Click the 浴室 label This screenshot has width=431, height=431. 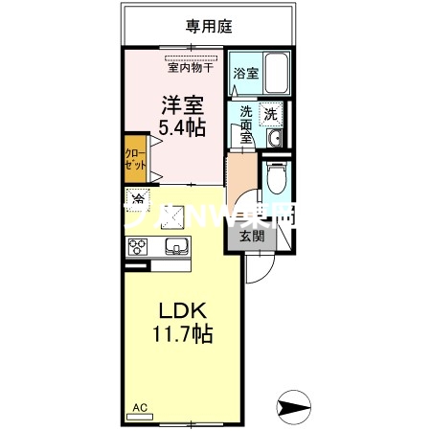pyautogui.click(x=246, y=72)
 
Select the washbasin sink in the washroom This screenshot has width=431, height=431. pyautogui.click(x=274, y=140)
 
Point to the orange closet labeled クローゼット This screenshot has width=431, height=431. pyautogui.click(x=133, y=159)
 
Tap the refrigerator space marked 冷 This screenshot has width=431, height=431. pyautogui.click(x=139, y=200)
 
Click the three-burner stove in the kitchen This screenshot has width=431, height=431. pyautogui.click(x=140, y=247)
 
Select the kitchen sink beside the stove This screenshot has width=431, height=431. pyautogui.click(x=176, y=248)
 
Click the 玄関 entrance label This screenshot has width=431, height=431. pyautogui.click(x=251, y=236)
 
